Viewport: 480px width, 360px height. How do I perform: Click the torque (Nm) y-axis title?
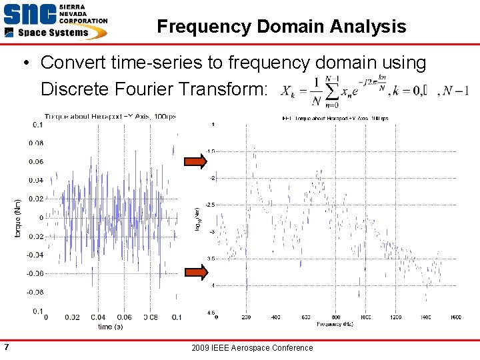(x=18, y=217)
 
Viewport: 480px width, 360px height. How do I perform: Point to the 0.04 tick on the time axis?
(x=97, y=318)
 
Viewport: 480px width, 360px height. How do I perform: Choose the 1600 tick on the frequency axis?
(x=455, y=317)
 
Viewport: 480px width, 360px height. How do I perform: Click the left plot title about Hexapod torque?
(x=110, y=117)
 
